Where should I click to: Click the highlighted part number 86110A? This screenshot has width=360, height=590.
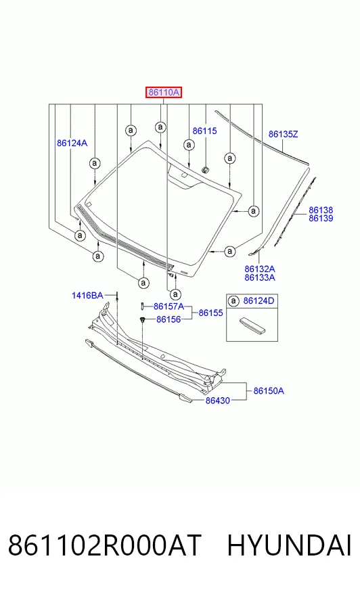[164, 92]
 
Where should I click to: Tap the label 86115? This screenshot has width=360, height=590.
[204, 131]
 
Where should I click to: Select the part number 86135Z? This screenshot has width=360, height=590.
[283, 134]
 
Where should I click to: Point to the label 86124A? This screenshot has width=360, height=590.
[72, 143]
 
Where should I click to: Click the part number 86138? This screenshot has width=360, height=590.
[321, 210]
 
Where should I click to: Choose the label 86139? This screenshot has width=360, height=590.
[321, 219]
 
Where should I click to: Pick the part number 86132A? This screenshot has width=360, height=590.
[260, 269]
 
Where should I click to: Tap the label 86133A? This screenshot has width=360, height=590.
[260, 277]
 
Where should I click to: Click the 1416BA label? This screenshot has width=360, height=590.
[87, 296]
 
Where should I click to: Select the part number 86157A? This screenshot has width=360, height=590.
[169, 307]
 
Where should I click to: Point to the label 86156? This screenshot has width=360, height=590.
[168, 319]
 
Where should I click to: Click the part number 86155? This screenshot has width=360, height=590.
[210, 313]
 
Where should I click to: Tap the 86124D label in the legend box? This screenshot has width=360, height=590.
[258, 300]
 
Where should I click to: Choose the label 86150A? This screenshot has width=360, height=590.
[269, 391]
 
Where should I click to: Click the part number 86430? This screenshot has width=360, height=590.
[217, 401]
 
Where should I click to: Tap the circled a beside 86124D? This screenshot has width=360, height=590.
[234, 300]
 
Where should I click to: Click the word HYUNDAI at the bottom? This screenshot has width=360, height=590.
[289, 545]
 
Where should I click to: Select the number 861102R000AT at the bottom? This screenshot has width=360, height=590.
[105, 545]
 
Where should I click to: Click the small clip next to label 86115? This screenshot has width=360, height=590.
[204, 170]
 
